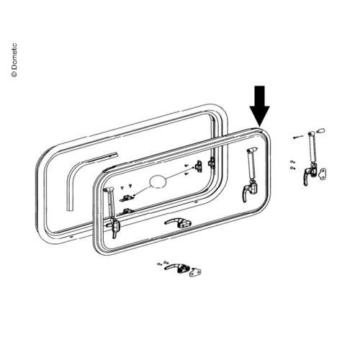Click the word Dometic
pos(14,56)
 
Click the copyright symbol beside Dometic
pos(14,74)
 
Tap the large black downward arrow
pos(260,106)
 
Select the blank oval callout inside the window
pos(158,181)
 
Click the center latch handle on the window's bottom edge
pos(178,222)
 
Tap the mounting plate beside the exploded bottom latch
pos(195,272)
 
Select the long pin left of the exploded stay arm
pos(298,137)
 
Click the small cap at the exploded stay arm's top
pos(321,131)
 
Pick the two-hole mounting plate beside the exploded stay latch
pos(322,174)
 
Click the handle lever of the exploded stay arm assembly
pos(306,176)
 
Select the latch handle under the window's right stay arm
pos(250,191)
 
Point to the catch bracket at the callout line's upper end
pos(199,166)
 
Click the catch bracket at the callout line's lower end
pos(127,198)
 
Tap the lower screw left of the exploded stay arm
pos(293,167)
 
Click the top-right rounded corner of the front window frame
pos(265,134)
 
